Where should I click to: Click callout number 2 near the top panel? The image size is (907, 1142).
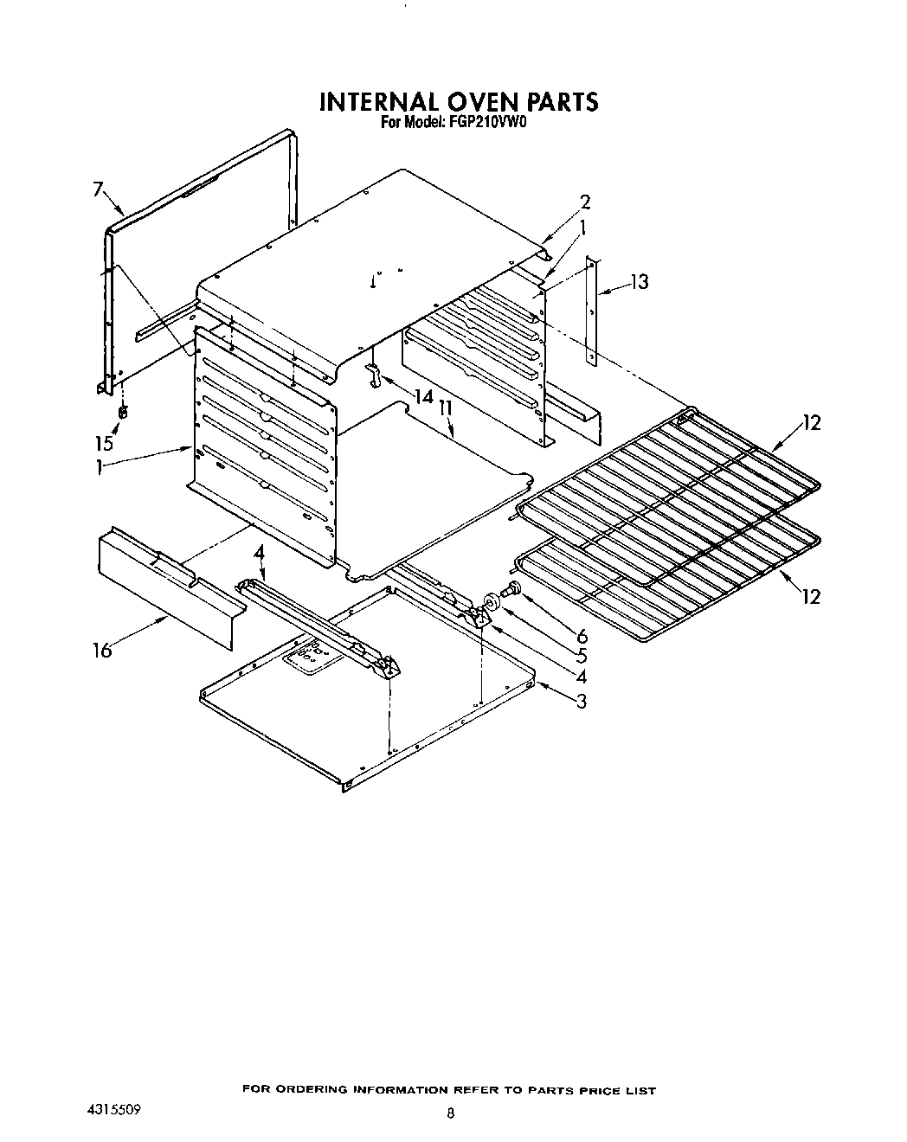point(585,202)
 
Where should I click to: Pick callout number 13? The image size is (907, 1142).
point(639,281)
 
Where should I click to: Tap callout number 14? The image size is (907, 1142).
point(423,397)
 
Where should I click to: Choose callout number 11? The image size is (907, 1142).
point(447,407)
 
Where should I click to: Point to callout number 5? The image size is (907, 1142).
point(582,656)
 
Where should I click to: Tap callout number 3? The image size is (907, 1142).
point(582,701)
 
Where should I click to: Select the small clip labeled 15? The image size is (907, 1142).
point(122,412)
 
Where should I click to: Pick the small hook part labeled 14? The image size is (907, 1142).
point(373,376)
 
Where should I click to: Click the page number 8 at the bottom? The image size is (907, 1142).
point(450,1114)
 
